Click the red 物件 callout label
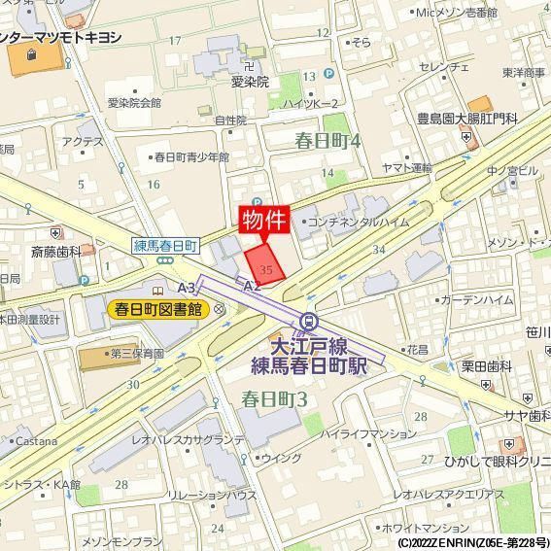click(263, 219)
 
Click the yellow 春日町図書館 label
click(158, 310)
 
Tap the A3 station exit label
click(188, 287)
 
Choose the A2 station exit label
click(252, 287)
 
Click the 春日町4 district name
click(327, 142)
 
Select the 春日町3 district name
click(275, 398)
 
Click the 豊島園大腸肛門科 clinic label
click(465, 119)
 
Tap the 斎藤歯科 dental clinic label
click(55, 252)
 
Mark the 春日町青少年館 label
click(192, 156)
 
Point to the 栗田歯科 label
click(487, 366)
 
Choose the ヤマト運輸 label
click(407, 168)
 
